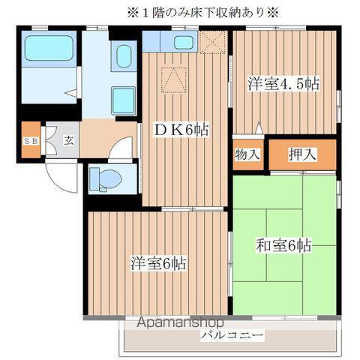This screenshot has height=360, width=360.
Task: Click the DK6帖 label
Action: (x=181, y=130)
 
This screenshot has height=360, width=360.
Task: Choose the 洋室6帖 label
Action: (x=159, y=264)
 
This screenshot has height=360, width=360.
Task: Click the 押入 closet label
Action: (x=303, y=154)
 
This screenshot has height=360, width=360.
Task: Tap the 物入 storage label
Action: (x=247, y=154)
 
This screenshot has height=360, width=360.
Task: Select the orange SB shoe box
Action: (x=31, y=141)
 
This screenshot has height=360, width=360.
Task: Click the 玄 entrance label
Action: (x=68, y=140)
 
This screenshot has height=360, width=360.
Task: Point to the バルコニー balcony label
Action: (x=232, y=335)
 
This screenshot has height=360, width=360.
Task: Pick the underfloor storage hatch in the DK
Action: (x=173, y=77)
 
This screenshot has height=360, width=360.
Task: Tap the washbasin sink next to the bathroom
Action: (x=122, y=55)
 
